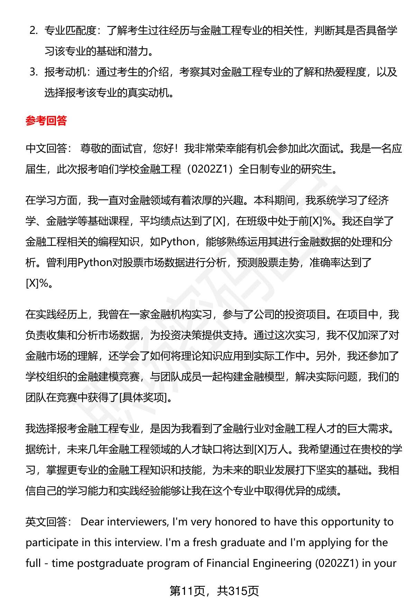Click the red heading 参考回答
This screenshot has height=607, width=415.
click(x=46, y=121)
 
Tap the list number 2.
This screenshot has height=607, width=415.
click(x=33, y=31)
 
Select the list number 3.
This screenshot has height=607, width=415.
click(x=33, y=72)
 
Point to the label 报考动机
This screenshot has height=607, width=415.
click(x=65, y=72)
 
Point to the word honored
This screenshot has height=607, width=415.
click(x=237, y=522)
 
